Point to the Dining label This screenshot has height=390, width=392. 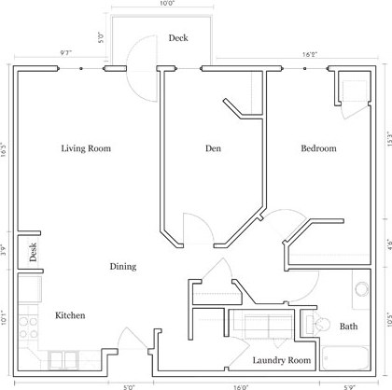point(122,267)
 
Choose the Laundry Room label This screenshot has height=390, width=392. point(281,359)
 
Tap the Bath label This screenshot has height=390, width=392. point(347,327)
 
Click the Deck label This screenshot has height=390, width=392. point(178,38)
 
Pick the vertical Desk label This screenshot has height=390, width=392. point(32,252)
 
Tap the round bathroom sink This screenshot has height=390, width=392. point(361,290)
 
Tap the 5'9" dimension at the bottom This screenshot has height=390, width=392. point(348,385)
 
